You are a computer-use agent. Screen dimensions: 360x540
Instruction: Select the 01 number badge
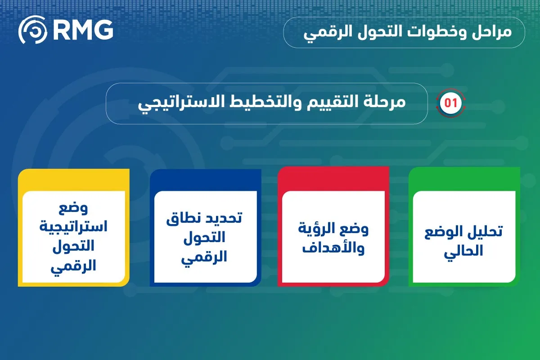tap(450, 103)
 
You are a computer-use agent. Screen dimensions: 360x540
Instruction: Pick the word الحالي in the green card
tap(463, 251)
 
